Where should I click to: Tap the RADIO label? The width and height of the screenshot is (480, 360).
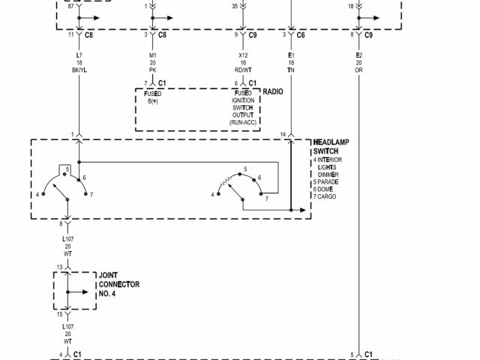point(272,91)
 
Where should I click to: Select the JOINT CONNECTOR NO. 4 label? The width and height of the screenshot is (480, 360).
point(118,284)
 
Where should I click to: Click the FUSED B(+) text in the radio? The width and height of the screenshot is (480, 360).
point(153,97)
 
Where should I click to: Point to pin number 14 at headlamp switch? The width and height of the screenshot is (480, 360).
point(283,134)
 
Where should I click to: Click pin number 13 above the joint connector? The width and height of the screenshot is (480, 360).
point(59,268)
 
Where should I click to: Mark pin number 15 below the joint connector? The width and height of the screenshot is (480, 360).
point(59,314)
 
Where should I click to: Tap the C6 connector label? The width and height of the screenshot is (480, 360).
point(301,35)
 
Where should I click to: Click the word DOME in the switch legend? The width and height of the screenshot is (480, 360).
point(328,189)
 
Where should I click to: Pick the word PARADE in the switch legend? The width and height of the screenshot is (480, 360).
point(329,181)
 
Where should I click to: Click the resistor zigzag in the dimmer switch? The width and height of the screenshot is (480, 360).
point(224,181)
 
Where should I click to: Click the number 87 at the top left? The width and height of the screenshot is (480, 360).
point(70,5)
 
